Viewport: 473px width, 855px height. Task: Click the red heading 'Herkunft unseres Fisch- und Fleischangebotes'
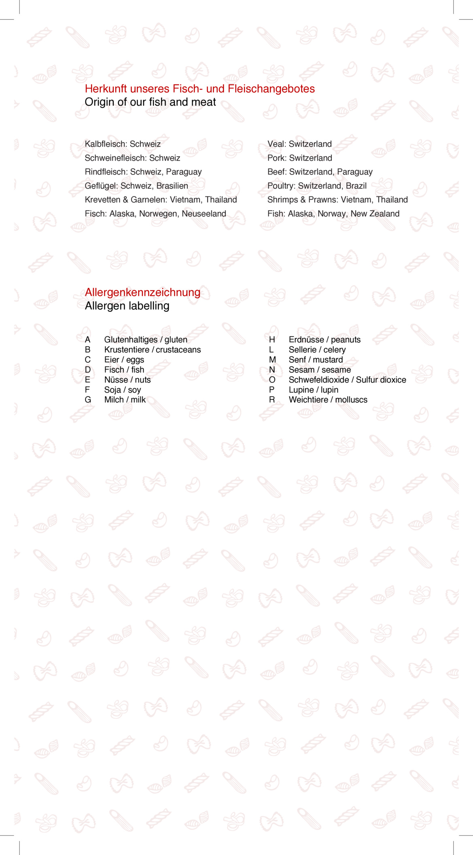pos(199,89)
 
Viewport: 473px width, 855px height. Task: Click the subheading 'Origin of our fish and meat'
pos(150,102)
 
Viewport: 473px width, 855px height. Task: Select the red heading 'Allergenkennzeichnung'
pos(142,292)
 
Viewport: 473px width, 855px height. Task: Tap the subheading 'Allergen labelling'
pos(127,306)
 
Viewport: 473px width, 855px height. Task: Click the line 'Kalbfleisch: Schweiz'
pos(123,144)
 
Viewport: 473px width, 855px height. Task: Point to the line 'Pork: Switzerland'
pos(299,158)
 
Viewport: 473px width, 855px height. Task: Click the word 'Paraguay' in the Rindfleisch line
pos(184,172)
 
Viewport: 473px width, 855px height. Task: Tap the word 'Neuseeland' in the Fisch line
pos(204,214)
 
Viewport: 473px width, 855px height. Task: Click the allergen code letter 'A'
pos(87,340)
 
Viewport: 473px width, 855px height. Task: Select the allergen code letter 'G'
pos(88,400)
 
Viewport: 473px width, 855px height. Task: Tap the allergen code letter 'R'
pos(272,400)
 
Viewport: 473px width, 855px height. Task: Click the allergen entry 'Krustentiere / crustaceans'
pos(152,350)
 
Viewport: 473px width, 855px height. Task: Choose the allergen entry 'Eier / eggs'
pos(124,359)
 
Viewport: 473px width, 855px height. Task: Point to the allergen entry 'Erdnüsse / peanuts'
pos(325,340)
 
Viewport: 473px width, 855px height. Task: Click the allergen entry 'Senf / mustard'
pos(316,359)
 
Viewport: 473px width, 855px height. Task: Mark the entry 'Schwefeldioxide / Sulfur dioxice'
pos(347,380)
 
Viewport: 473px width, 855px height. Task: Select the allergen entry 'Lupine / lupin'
pos(313,390)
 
